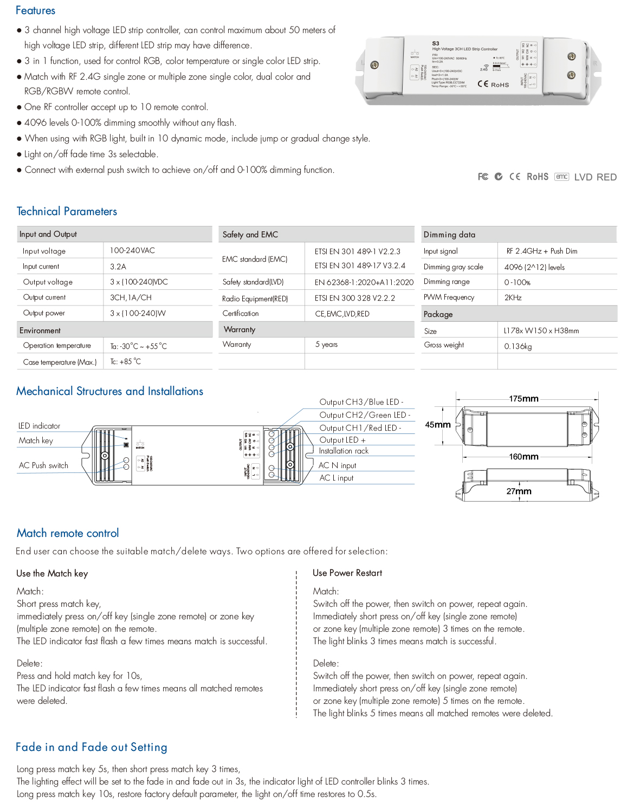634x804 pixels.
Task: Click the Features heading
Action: point(35,10)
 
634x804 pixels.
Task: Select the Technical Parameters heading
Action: point(67,211)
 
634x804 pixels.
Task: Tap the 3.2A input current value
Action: point(118,267)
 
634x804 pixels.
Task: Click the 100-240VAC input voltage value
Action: point(132,250)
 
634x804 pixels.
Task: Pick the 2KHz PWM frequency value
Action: point(513,297)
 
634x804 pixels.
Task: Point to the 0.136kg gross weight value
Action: point(517,346)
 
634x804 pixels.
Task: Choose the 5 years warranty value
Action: point(326,345)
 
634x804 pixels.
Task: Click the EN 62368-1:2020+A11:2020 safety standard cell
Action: point(364,282)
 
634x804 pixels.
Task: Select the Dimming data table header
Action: point(449,235)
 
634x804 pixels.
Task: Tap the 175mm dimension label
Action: point(523,399)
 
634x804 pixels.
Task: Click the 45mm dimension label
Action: point(438,425)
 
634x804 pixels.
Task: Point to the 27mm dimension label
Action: point(519,491)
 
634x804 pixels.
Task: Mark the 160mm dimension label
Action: point(523,457)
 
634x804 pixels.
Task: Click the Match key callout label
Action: point(36,440)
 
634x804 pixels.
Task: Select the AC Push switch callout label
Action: point(43,465)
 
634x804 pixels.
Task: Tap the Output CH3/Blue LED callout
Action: point(361,402)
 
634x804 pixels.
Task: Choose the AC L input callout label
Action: point(336,478)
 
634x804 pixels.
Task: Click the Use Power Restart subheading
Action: point(347,573)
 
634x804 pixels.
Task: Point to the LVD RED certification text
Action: point(595,177)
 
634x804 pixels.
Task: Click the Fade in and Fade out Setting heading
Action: point(91,747)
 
